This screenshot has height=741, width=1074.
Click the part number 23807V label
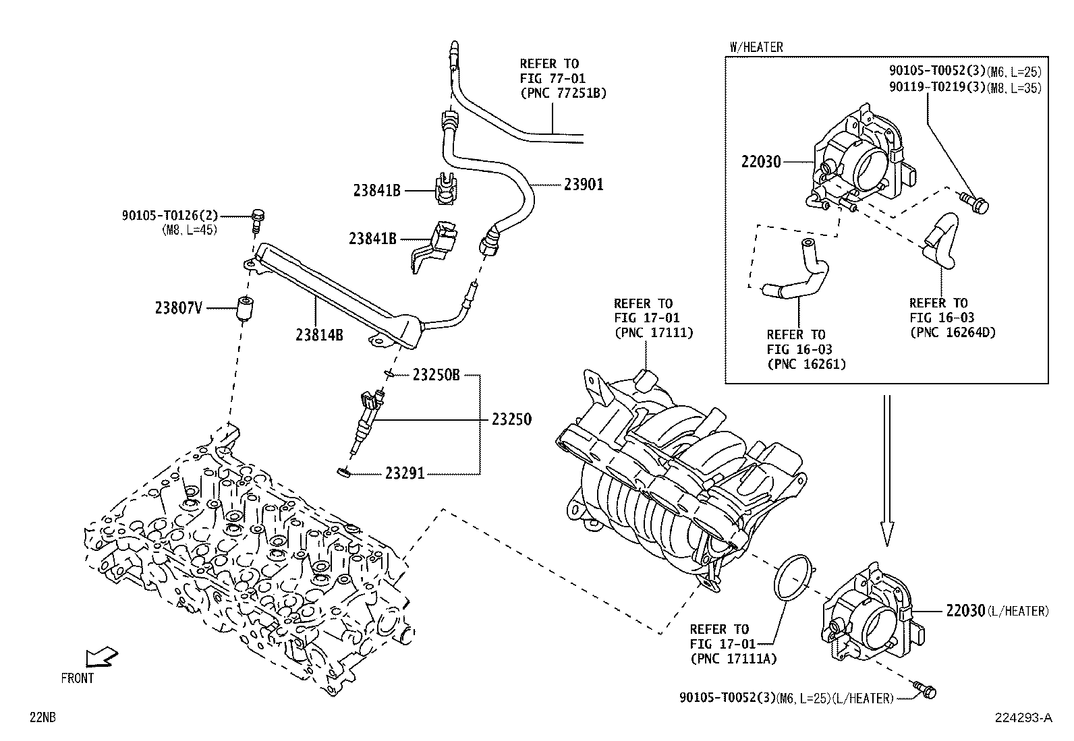point(178,308)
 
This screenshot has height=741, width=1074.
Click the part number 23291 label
point(405,473)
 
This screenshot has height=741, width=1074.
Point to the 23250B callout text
point(436,376)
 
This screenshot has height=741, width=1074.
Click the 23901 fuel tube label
point(584,184)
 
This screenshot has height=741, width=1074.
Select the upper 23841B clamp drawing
point(445,189)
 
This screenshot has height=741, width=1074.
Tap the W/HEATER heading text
point(756,47)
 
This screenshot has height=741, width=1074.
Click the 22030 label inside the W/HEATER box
point(760,161)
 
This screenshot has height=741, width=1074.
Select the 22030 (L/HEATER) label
point(997,611)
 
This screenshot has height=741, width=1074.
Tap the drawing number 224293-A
point(1023,718)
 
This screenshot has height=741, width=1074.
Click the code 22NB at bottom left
point(43,718)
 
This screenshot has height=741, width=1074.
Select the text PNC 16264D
point(953,332)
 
